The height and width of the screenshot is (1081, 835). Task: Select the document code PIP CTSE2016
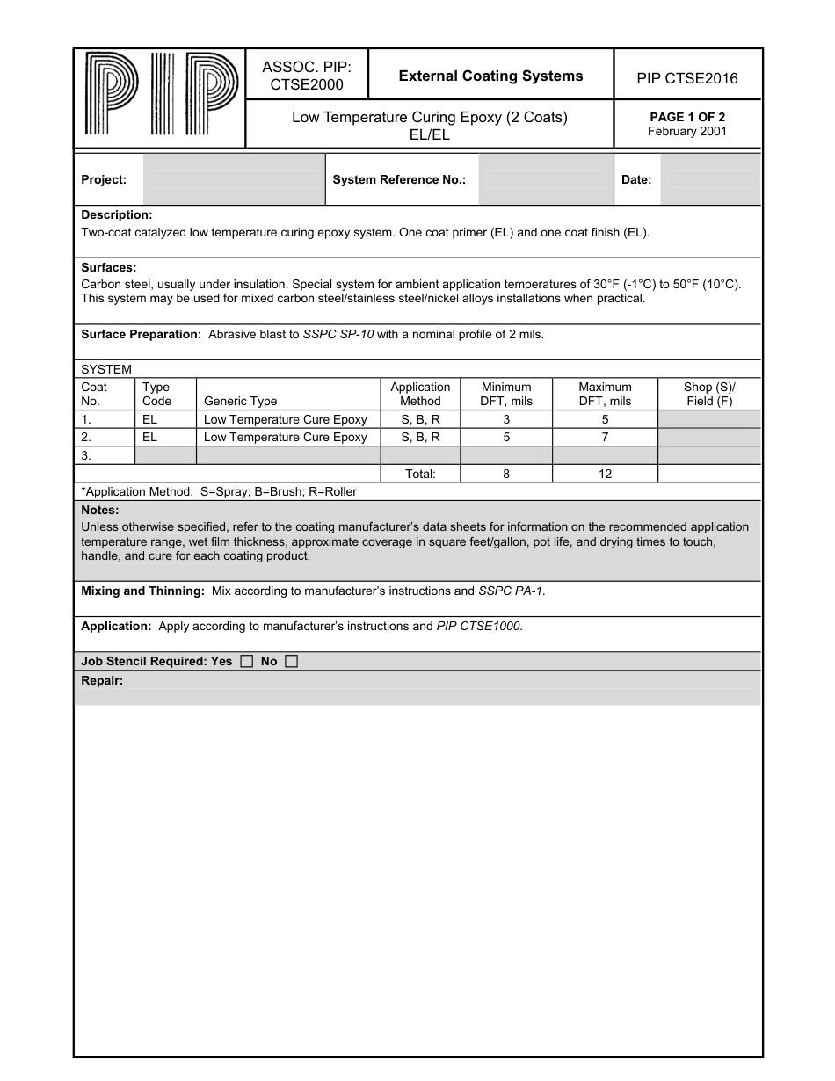point(687,78)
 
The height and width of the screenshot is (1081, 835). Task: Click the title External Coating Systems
point(490,76)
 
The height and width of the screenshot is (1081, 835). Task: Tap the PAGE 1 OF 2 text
point(687,117)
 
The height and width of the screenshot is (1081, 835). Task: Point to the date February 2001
point(687,132)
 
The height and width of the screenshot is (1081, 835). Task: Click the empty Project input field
point(234,179)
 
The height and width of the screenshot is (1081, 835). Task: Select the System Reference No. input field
point(544,179)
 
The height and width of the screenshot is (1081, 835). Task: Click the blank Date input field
point(709,179)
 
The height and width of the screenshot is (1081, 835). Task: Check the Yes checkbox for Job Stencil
point(247,662)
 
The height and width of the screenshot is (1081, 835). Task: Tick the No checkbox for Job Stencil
point(291,662)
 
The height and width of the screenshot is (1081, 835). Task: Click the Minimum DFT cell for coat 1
point(506,419)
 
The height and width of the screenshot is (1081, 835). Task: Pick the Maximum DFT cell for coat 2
point(605,437)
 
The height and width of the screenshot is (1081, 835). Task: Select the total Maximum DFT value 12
point(605,474)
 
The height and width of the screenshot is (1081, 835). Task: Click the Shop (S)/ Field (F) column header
point(708,394)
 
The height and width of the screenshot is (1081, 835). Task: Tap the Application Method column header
point(420,394)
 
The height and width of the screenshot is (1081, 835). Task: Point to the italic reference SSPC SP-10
point(338,335)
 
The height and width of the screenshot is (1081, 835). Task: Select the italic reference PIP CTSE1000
point(479,627)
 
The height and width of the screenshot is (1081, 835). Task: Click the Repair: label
point(102,680)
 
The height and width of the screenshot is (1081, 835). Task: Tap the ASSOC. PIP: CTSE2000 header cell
point(307,76)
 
